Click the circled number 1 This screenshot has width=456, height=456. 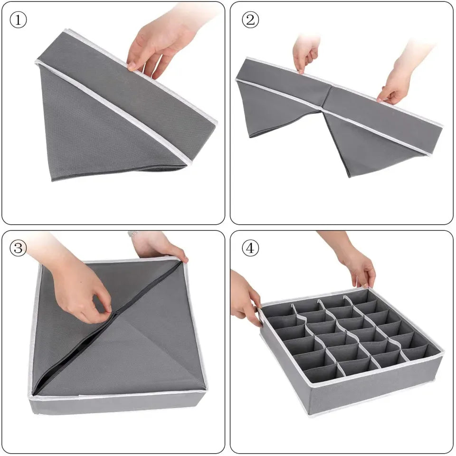[x=19, y=20]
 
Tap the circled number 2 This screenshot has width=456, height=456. [x=250, y=20]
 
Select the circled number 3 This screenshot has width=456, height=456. [x=19, y=248]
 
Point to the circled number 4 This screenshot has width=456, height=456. [x=250, y=248]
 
